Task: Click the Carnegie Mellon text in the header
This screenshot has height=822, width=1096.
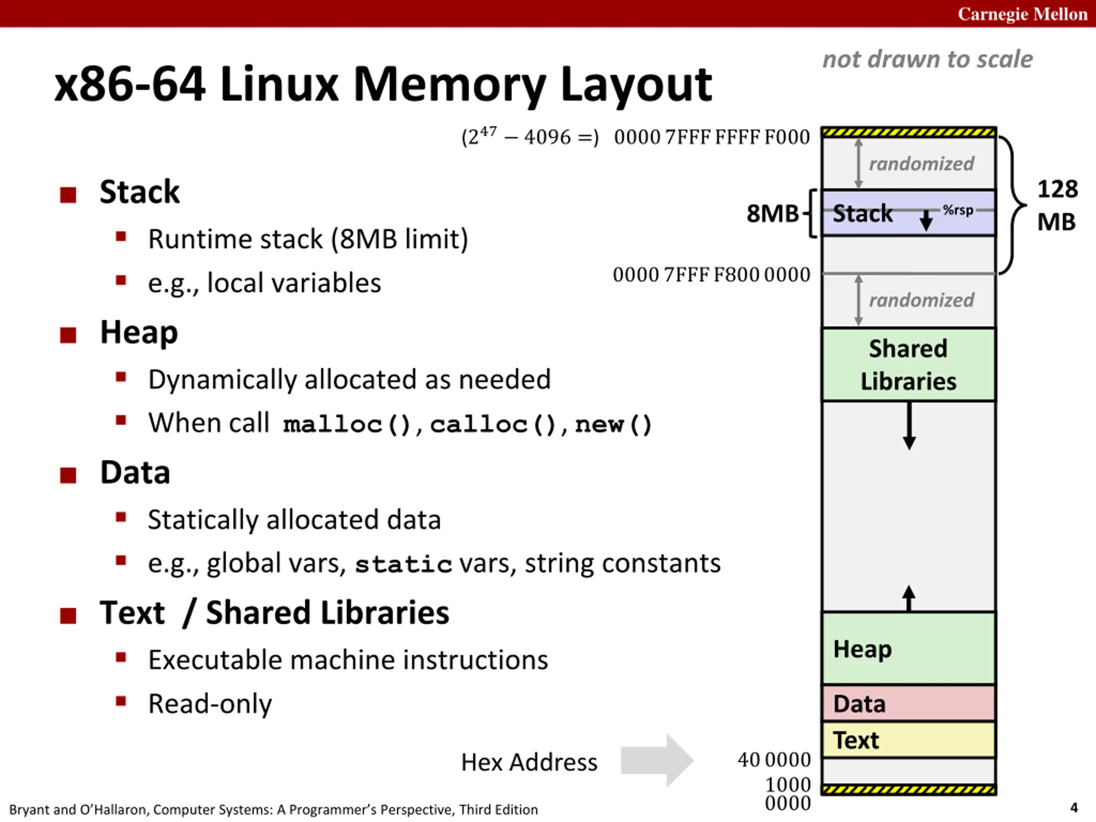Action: tap(1022, 14)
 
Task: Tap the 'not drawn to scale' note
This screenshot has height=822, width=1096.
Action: tap(928, 60)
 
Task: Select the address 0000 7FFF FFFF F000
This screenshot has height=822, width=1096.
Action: tap(712, 137)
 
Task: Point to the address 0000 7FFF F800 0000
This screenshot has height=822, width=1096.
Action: tap(712, 274)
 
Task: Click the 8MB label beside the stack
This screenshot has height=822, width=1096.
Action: tap(773, 214)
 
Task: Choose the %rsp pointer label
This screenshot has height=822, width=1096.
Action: tap(958, 210)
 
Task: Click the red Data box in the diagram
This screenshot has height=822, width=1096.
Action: tap(909, 703)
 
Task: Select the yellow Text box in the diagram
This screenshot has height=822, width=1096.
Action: tap(909, 740)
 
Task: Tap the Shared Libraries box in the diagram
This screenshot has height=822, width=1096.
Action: tap(909, 365)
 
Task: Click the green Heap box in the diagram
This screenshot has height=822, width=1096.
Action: tap(909, 649)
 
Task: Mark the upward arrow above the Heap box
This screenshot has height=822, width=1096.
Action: tap(909, 599)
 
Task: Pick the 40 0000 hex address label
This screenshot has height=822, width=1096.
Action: tap(774, 759)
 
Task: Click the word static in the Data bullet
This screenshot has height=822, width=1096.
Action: tap(403, 564)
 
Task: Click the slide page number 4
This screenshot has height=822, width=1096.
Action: tap(1074, 807)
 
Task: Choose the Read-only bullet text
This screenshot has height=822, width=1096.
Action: tap(210, 703)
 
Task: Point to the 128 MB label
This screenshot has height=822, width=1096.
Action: tap(1057, 205)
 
